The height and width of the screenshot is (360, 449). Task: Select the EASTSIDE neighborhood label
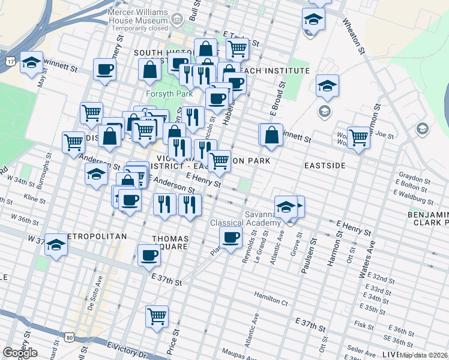point(325,165)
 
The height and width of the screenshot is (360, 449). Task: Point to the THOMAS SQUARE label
point(170,242)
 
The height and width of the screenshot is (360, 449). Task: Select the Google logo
point(20,353)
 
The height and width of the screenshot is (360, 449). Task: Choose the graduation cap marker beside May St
point(31,62)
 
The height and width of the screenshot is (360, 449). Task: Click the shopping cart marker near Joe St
point(358,137)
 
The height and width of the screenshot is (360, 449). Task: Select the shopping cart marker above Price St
point(157,315)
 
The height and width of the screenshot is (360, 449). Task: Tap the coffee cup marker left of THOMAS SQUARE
point(149,255)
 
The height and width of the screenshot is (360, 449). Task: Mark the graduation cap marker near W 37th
point(56,245)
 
